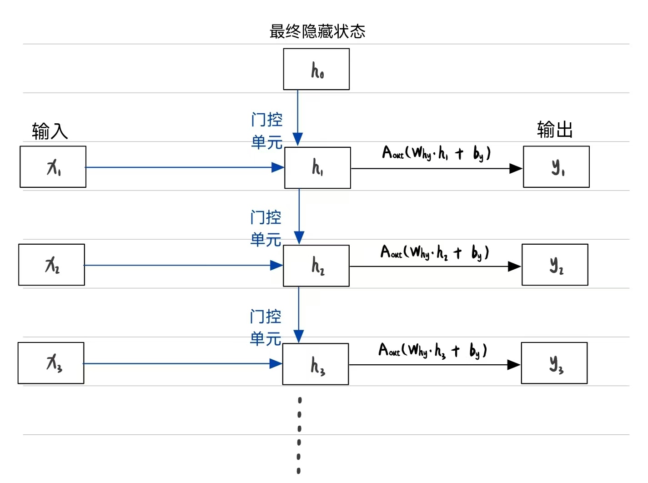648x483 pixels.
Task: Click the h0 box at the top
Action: pos(316,69)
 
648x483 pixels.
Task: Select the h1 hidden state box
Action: pos(317,167)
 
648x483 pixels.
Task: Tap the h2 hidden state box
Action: pos(316,266)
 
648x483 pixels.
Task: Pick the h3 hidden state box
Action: pos(316,364)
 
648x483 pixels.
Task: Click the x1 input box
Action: pos(53,167)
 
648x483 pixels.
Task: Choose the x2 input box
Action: pos(51,265)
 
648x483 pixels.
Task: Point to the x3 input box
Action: pos(51,363)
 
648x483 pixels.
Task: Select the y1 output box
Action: pos(556,167)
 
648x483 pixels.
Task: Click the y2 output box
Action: pos(555,265)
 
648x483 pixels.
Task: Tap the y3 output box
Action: pos(554,363)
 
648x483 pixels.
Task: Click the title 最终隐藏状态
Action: pos(317,31)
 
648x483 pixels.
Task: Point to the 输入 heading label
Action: pos(50,131)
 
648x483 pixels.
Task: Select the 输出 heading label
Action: pos(554,130)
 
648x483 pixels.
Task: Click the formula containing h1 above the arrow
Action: pos(436,153)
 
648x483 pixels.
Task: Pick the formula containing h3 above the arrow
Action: pos(432,350)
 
